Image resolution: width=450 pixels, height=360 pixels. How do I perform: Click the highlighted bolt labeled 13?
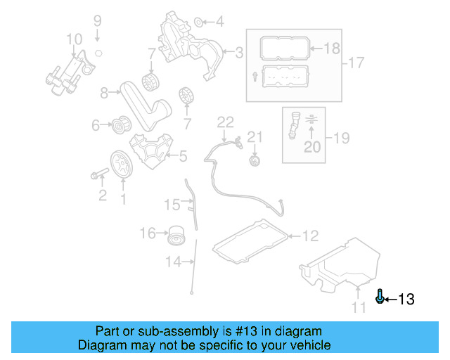tap(380, 297)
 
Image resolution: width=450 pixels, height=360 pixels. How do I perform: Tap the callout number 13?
tap(406, 300)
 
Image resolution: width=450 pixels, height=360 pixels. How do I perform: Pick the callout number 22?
tap(224, 122)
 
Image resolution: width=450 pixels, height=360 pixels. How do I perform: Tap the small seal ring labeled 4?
tap(199, 21)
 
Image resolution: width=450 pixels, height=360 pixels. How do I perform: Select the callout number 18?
tap(331, 49)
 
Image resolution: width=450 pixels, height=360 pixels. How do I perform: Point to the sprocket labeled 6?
tap(123, 127)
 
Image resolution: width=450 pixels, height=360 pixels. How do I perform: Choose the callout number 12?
tap(310, 236)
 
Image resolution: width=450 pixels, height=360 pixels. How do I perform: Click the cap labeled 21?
tap(254, 161)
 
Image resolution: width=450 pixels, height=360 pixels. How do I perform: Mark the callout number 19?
tap(340, 138)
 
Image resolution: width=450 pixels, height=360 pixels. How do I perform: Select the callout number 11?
tap(359, 308)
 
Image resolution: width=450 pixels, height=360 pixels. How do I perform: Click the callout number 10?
tap(74, 39)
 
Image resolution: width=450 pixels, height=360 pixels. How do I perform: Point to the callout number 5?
tap(182, 156)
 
